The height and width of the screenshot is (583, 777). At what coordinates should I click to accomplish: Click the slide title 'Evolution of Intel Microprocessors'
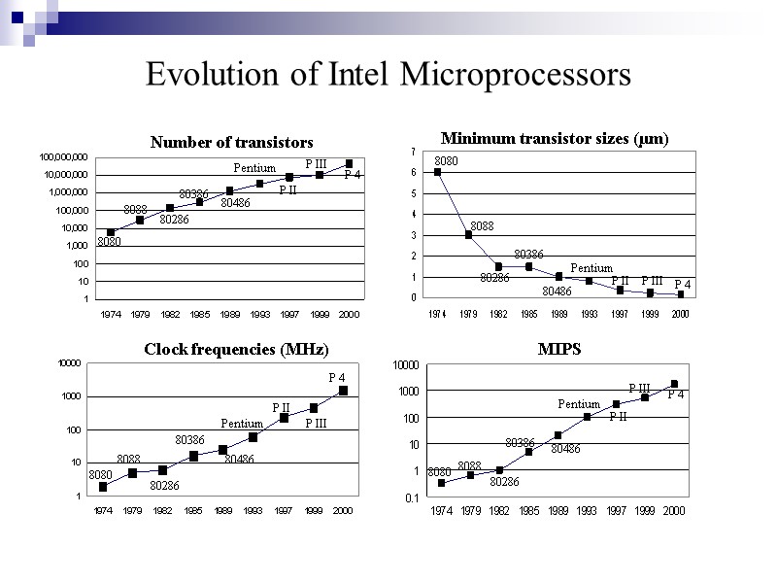[388, 75]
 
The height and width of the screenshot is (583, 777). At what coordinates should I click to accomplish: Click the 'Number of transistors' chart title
[231, 143]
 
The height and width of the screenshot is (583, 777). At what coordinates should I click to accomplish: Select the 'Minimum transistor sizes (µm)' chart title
[555, 138]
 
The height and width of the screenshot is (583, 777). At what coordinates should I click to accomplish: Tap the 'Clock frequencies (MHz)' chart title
[236, 349]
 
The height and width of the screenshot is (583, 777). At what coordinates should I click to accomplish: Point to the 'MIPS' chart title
[559, 349]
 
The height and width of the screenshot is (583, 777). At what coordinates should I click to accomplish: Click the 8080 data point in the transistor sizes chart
[438, 172]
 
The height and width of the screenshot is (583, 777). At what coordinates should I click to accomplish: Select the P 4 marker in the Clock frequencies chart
[343, 391]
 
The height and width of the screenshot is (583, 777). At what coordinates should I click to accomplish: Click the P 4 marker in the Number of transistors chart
[349, 163]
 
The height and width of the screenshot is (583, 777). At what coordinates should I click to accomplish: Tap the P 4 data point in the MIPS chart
[674, 384]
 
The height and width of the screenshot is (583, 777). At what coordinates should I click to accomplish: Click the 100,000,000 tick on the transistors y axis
[64, 156]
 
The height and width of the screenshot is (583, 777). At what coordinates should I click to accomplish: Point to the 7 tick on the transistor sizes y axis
[413, 152]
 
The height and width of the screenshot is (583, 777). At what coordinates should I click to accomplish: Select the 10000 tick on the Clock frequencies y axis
[69, 363]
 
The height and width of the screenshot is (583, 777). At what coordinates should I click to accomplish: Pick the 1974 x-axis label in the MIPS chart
[441, 511]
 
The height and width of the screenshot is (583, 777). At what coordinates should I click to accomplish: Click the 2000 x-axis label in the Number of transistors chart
[349, 316]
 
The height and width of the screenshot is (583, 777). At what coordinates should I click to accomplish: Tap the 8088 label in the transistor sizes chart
[482, 225]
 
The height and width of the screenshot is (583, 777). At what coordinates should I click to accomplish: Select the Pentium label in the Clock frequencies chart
[242, 424]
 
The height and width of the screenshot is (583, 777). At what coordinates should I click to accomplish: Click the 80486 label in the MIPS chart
[565, 449]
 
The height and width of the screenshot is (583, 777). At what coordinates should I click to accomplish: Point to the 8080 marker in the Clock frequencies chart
[103, 487]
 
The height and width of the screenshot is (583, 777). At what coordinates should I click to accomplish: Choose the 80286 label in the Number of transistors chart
[174, 220]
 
